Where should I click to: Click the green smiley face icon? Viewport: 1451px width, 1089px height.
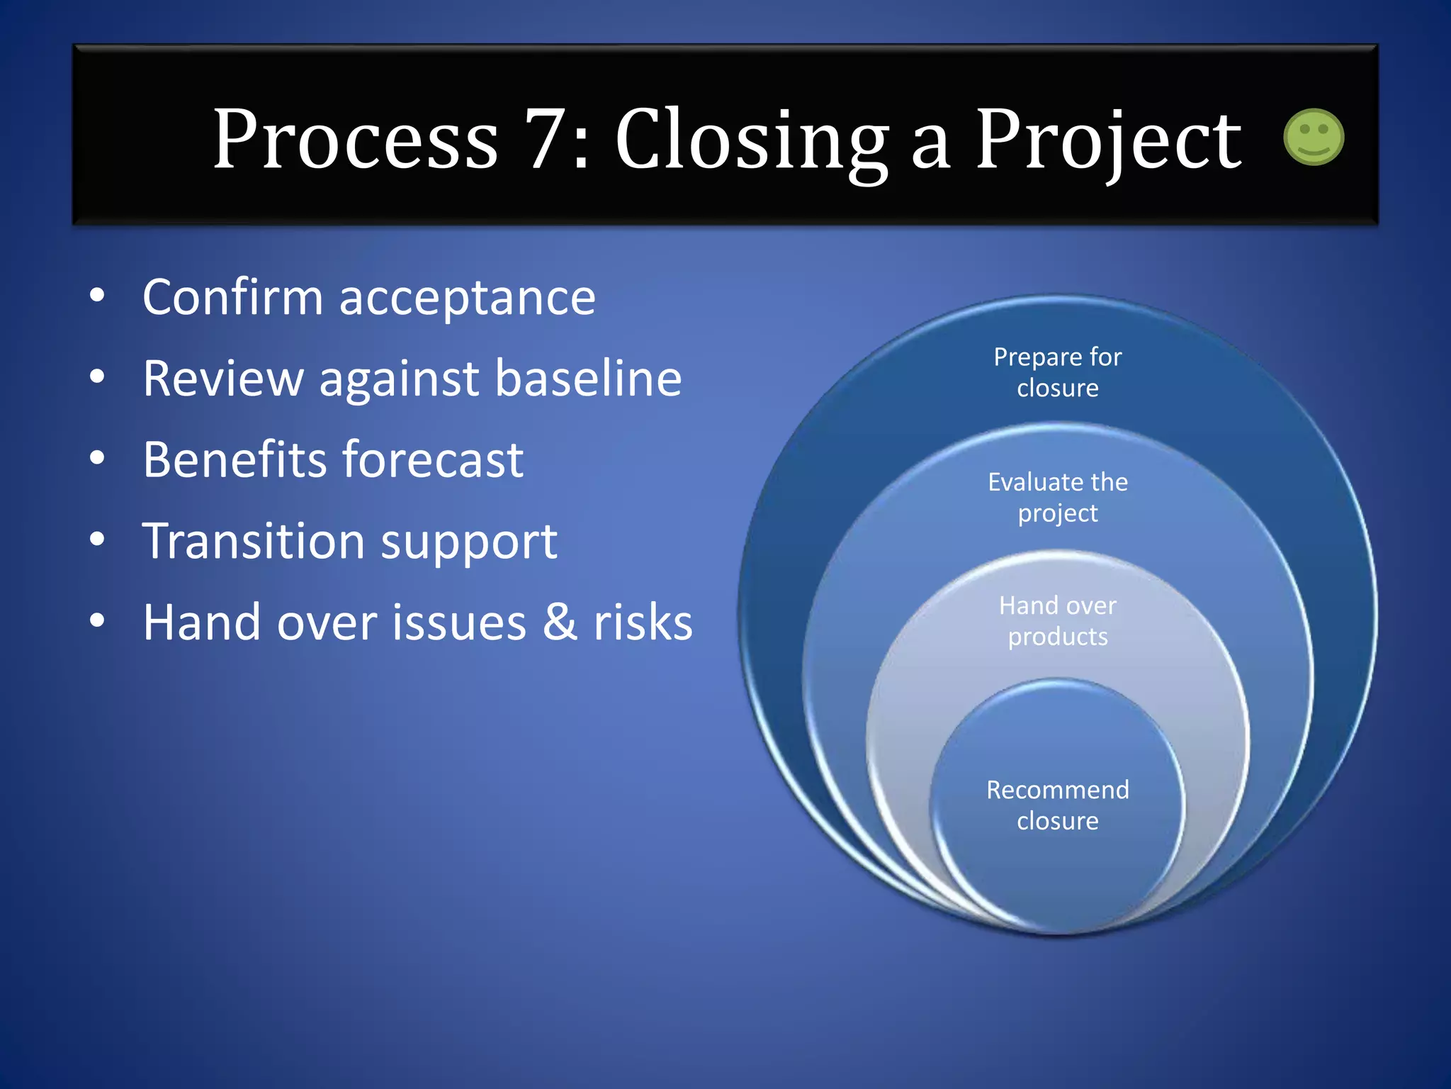click(x=1313, y=138)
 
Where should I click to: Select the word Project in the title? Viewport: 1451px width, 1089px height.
click(x=1107, y=140)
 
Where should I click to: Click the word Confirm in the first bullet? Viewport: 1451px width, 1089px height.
click(x=232, y=297)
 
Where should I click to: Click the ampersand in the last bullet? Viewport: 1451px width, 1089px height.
click(x=560, y=622)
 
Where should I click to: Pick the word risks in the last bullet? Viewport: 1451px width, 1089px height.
click(x=643, y=622)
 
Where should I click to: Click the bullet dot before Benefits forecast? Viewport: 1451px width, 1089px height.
click(x=97, y=459)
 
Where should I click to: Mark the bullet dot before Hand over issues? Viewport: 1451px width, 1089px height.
click(x=97, y=621)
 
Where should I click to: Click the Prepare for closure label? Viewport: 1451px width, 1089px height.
click(x=1057, y=372)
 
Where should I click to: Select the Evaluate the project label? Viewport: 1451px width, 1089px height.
click(x=1057, y=497)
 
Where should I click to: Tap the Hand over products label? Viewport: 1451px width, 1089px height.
click(x=1057, y=621)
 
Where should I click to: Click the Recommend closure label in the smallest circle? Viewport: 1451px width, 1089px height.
click(x=1057, y=805)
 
